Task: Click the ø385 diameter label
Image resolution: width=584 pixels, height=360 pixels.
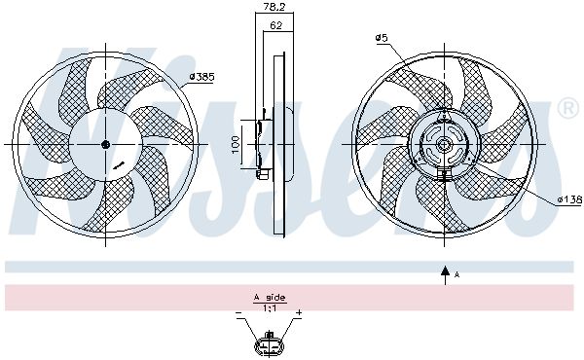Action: point(201,77)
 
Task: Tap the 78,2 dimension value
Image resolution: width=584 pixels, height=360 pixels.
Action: point(274,7)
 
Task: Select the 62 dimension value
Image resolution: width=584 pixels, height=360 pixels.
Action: point(275,25)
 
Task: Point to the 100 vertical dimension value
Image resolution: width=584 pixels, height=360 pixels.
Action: point(236,144)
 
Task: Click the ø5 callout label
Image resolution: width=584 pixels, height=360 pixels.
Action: point(382,38)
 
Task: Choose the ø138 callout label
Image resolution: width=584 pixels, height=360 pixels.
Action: point(569,199)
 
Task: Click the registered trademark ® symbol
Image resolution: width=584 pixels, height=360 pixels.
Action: point(567,109)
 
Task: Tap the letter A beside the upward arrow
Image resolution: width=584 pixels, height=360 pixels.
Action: point(457,275)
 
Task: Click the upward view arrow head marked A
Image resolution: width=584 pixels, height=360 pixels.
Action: point(445,271)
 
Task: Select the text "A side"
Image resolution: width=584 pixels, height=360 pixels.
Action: point(270,298)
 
